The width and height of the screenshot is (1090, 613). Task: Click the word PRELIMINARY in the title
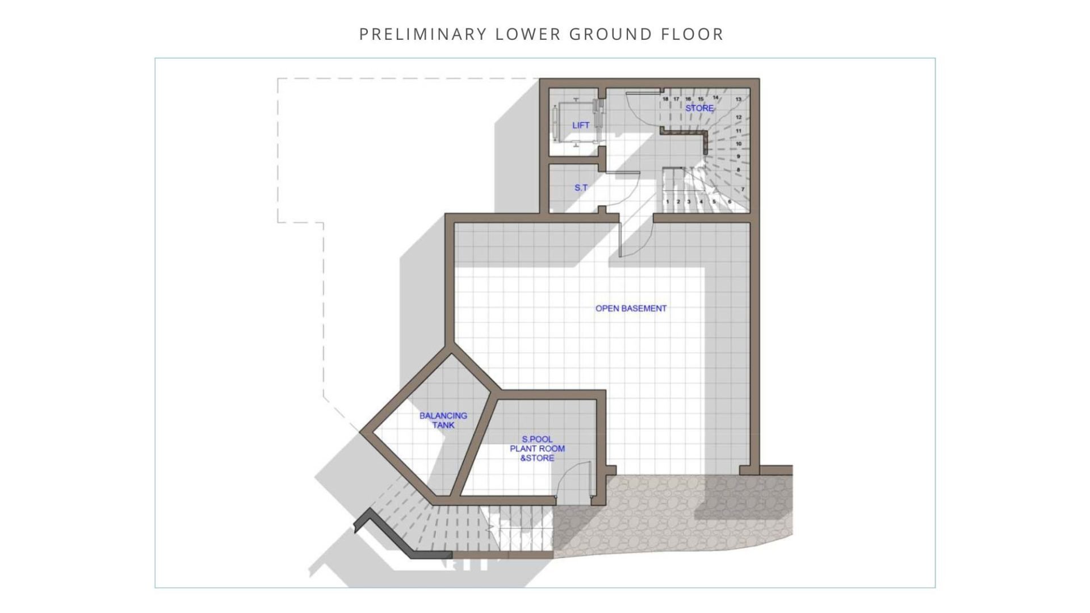point(423,34)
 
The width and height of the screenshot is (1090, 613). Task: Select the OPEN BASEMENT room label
point(631,308)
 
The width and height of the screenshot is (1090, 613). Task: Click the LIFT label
point(581,125)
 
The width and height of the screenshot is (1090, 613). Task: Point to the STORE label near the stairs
point(699,108)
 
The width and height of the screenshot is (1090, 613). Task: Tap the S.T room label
point(581,187)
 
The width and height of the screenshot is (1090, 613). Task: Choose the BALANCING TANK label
point(443,420)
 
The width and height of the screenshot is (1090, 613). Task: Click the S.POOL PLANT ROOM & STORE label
point(537,448)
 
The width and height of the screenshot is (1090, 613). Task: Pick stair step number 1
point(668,202)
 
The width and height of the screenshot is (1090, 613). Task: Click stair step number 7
point(743,189)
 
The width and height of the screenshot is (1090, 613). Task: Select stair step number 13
point(739,99)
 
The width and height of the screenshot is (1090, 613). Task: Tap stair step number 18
point(665,99)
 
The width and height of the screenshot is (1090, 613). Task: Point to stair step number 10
point(739,144)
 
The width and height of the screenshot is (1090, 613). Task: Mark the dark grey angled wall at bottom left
point(397,537)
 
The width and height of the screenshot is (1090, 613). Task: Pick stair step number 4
point(701,202)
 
